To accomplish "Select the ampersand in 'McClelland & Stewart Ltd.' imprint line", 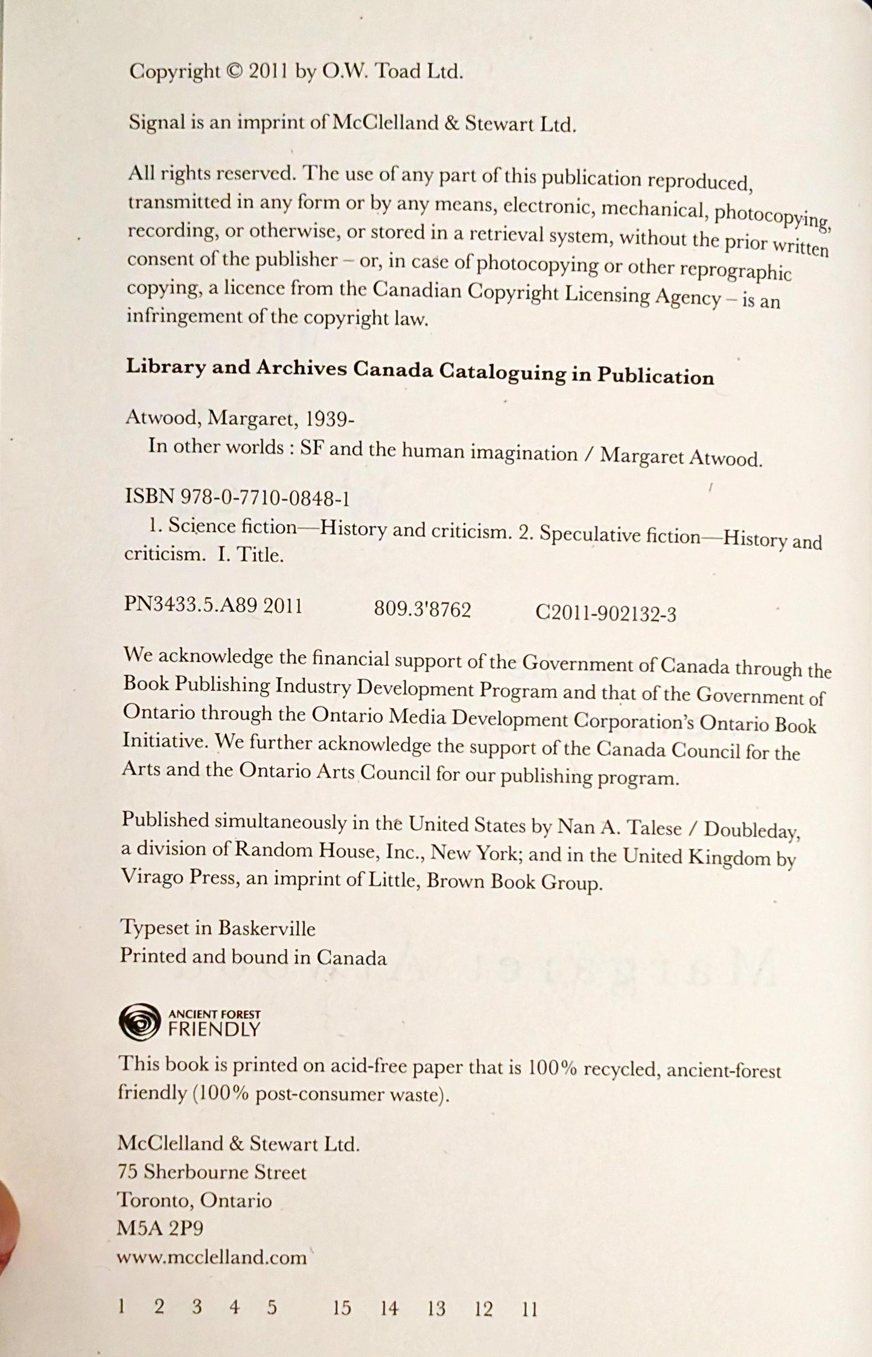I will (x=451, y=124).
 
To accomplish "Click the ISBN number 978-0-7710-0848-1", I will (x=266, y=498).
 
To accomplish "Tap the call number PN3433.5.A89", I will (x=191, y=606).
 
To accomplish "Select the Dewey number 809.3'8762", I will (x=422, y=610).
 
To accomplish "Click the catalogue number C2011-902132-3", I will (x=605, y=614).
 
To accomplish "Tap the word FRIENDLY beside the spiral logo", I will (x=214, y=1030).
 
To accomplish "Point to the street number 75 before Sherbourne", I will (x=128, y=1172).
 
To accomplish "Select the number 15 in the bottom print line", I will (x=342, y=1308).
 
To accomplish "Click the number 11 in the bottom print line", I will (x=529, y=1309).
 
